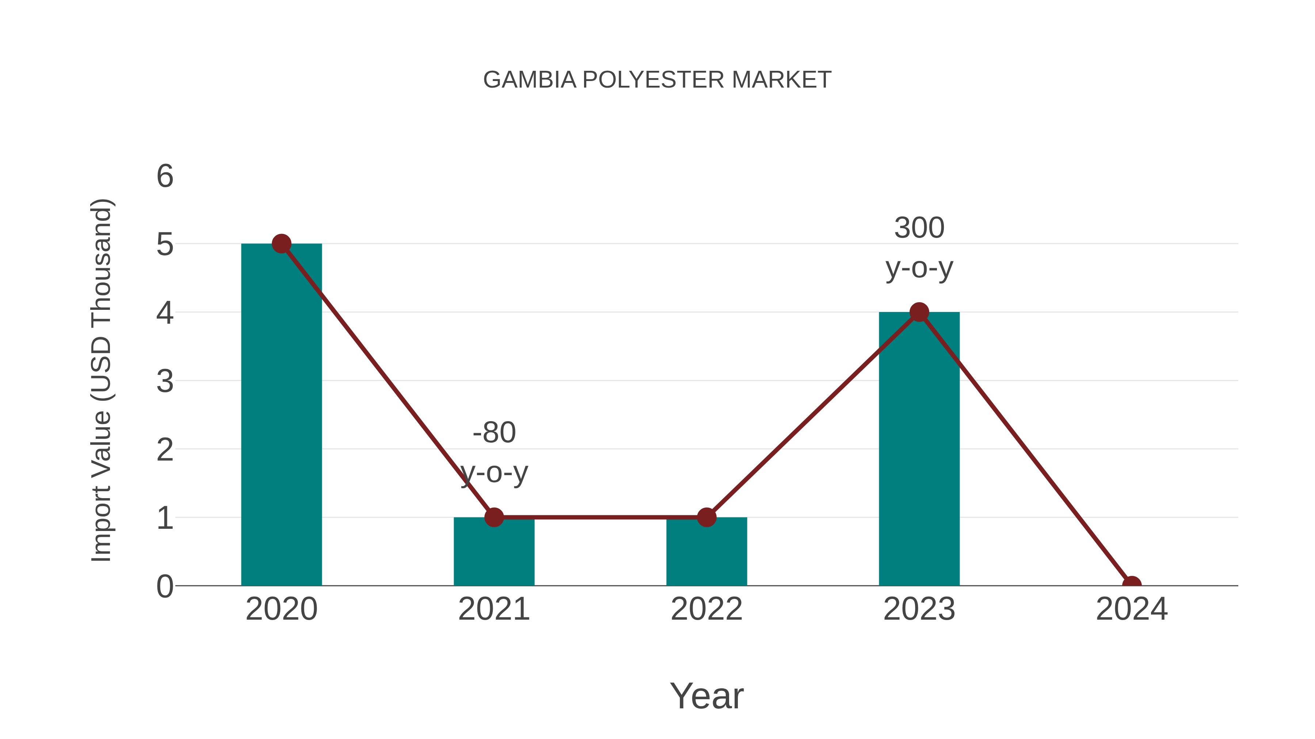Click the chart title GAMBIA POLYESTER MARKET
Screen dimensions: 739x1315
pyautogui.click(x=657, y=80)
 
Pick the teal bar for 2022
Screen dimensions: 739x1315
pyautogui.click(x=706, y=553)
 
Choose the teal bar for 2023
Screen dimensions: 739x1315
pyautogui.click(x=919, y=449)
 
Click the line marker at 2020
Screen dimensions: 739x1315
pyautogui.click(x=281, y=244)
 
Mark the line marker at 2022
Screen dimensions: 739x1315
pyautogui.click(x=706, y=517)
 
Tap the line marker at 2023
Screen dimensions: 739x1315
pyautogui.click(x=919, y=312)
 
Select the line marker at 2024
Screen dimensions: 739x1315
pyautogui.click(x=1131, y=585)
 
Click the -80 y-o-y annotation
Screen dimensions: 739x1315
pyautogui.click(x=494, y=453)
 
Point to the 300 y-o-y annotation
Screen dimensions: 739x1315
pyautogui.click(x=919, y=247)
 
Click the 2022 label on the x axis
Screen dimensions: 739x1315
pyautogui.click(x=706, y=609)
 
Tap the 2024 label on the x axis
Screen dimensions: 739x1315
pyautogui.click(x=1131, y=609)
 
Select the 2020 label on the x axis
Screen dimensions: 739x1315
pyautogui.click(x=281, y=609)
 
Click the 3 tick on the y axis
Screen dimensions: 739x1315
pyautogui.click(x=165, y=381)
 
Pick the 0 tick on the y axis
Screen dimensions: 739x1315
pyautogui.click(x=165, y=586)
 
